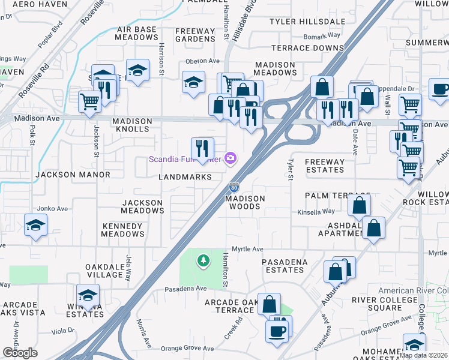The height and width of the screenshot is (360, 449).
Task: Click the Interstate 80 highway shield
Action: pyautogui.click(x=234, y=188)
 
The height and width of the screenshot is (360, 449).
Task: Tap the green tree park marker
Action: pyautogui.click(x=204, y=260)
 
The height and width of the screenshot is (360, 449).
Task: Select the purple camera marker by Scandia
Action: pyautogui.click(x=230, y=158)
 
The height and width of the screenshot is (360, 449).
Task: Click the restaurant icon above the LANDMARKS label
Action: pyautogui.click(x=202, y=147)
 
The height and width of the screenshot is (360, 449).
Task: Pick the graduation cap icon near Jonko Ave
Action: pyautogui.click(x=35, y=225)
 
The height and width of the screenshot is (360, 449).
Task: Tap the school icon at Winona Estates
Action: pyautogui.click(x=88, y=295)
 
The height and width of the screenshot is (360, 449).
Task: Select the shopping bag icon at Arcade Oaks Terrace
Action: pyautogui.click(x=270, y=304)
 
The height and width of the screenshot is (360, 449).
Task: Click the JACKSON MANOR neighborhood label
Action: pyautogui.click(x=73, y=175)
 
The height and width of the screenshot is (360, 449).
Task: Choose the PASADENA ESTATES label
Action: pyautogui.click(x=285, y=266)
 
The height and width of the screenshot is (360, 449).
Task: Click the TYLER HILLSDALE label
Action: pyautogui.click(x=307, y=22)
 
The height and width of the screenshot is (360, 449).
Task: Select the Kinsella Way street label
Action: pyautogui.click(x=316, y=212)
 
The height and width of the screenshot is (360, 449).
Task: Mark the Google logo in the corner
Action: pyautogui.click(x=20, y=352)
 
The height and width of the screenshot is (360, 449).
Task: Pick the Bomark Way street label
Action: pyautogui.click(x=322, y=36)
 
